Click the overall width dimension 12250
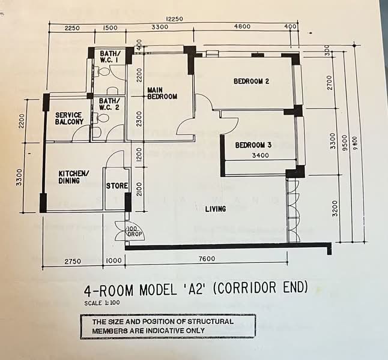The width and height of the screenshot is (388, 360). tap(175, 19)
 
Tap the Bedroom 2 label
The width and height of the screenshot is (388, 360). tap(251, 82)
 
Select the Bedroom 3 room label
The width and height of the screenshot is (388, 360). tap(253, 145)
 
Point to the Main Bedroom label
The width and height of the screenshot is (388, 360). tap(162, 93)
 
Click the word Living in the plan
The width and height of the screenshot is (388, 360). tap(216, 209)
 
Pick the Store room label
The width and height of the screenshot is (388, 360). tap(117, 186)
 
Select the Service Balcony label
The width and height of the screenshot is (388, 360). tap(69, 118)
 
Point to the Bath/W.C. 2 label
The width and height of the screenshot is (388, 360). tap(109, 104)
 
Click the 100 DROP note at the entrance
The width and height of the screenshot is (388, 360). tap(135, 232)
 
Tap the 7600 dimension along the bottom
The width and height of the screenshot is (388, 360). tap(207, 259)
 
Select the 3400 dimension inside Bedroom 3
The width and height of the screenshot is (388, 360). tap(260, 155)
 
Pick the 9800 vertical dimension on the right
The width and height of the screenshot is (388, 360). tap(356, 143)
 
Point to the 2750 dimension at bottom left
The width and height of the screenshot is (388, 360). tap(73, 261)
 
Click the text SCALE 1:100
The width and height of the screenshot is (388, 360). tap(102, 302)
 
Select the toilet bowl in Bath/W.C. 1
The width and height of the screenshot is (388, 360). tap(104, 72)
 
